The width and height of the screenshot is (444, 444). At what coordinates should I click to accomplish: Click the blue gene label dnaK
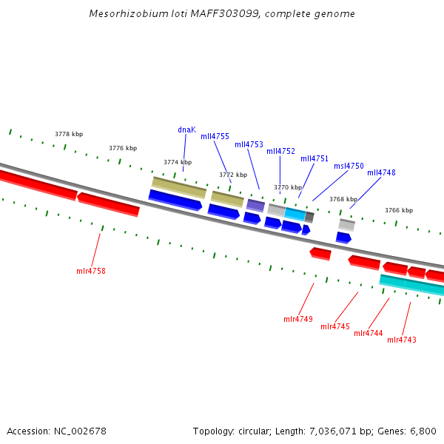186,129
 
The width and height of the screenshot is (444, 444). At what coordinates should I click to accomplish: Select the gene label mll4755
215,136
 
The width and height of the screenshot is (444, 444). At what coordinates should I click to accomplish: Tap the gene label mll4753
249,144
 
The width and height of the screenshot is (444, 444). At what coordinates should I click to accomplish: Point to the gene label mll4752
280,151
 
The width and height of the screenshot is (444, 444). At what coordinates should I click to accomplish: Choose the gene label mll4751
314,158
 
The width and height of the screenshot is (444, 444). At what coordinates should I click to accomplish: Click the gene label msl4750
349,166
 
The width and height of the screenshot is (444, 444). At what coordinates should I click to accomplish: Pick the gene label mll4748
381,172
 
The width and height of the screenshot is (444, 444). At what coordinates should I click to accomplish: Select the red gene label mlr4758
91,271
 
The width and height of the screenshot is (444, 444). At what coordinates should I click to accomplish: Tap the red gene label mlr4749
298,319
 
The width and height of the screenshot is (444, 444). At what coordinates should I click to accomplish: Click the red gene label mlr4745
335,326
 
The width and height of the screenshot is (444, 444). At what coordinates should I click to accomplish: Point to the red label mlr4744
369,333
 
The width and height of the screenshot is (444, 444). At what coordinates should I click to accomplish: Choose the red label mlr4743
402,340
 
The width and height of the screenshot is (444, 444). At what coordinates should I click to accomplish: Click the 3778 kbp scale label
69,134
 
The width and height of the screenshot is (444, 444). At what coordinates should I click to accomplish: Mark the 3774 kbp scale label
178,162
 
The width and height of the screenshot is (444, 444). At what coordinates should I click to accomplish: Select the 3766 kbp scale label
398,210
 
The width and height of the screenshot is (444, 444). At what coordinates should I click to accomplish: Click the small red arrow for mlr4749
320,254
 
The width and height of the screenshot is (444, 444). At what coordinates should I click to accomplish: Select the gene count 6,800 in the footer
423,431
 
